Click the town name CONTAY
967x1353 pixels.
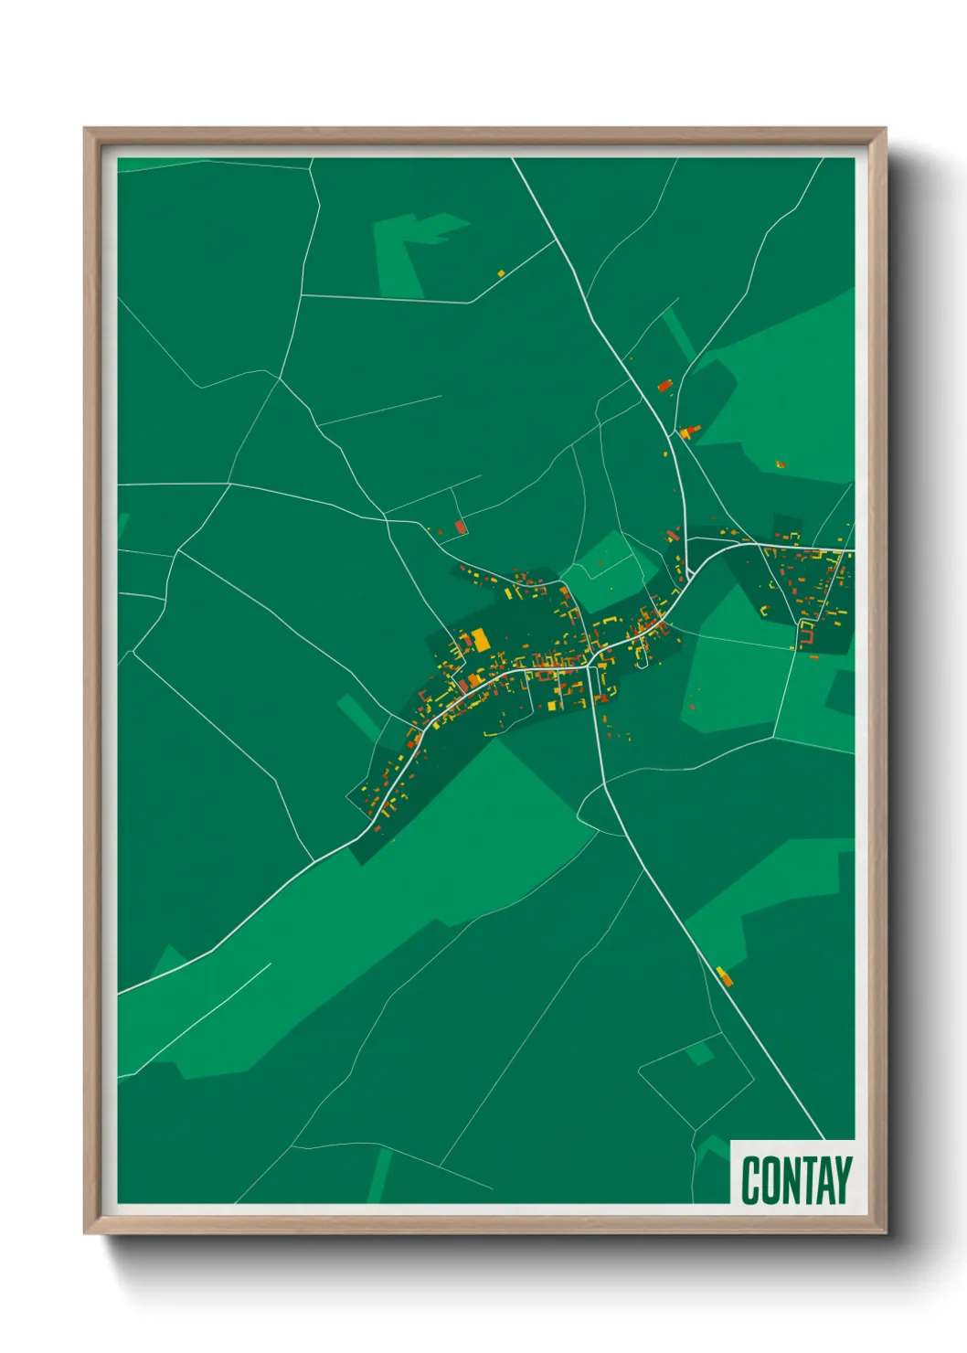pyautogui.click(x=796, y=1180)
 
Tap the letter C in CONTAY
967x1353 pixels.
pyautogui.click(x=751, y=1180)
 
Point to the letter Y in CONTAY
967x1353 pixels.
pyautogui.click(x=842, y=1180)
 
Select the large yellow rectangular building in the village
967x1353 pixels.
pyautogui.click(x=480, y=639)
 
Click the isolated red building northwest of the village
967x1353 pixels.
pyautogui.click(x=461, y=527)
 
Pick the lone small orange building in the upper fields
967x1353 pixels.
pyautogui.click(x=501, y=272)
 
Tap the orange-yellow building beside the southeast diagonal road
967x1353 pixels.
pyautogui.click(x=725, y=976)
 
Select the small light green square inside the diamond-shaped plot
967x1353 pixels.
pyautogui.click(x=699, y=1053)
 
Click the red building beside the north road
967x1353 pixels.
pyautogui.click(x=664, y=386)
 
